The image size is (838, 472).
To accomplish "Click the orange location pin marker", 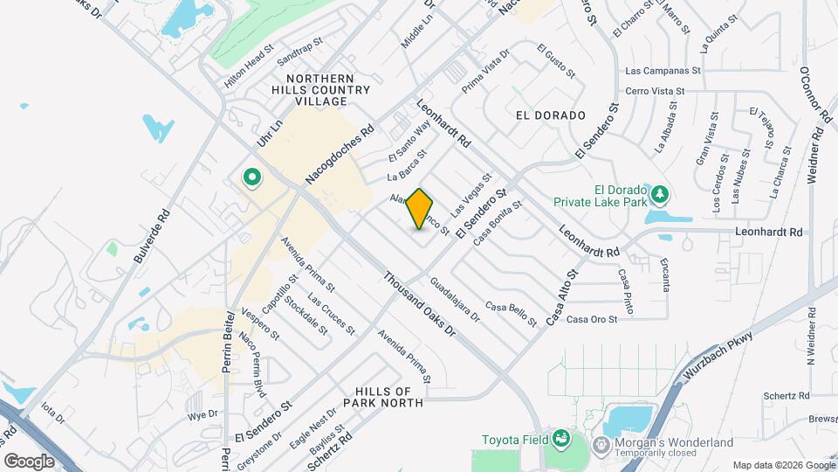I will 420,209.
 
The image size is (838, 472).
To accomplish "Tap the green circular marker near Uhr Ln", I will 252,178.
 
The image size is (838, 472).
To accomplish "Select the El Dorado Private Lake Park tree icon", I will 662,192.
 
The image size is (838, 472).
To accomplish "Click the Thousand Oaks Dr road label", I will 419,304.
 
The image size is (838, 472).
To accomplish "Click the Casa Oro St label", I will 592,320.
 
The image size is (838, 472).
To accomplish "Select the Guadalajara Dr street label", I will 456,300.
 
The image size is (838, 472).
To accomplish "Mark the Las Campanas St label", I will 663,71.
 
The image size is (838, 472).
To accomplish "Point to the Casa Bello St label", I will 512,315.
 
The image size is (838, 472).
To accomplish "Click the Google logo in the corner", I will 30,461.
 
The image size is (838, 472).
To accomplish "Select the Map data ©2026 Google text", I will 782,464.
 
